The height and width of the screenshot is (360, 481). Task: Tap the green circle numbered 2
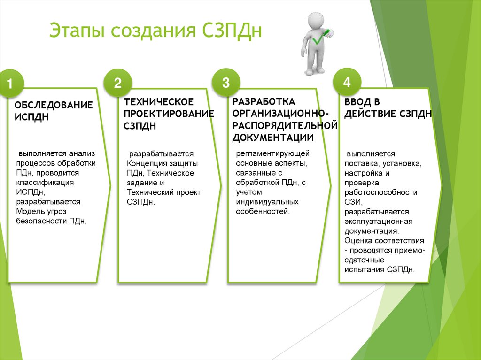117,83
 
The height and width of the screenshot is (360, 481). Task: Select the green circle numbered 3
226,83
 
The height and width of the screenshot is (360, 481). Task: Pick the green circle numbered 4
347,83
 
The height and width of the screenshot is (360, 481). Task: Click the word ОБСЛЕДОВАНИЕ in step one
54,105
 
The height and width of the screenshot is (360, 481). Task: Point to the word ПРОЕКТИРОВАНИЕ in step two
169,114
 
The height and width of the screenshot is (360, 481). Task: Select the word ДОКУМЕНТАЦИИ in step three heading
273,138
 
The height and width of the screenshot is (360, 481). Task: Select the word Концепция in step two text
148,163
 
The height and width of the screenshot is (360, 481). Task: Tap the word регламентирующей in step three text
273,153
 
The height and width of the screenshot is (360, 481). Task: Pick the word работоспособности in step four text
380,192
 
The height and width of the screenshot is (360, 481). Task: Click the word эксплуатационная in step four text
378,221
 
